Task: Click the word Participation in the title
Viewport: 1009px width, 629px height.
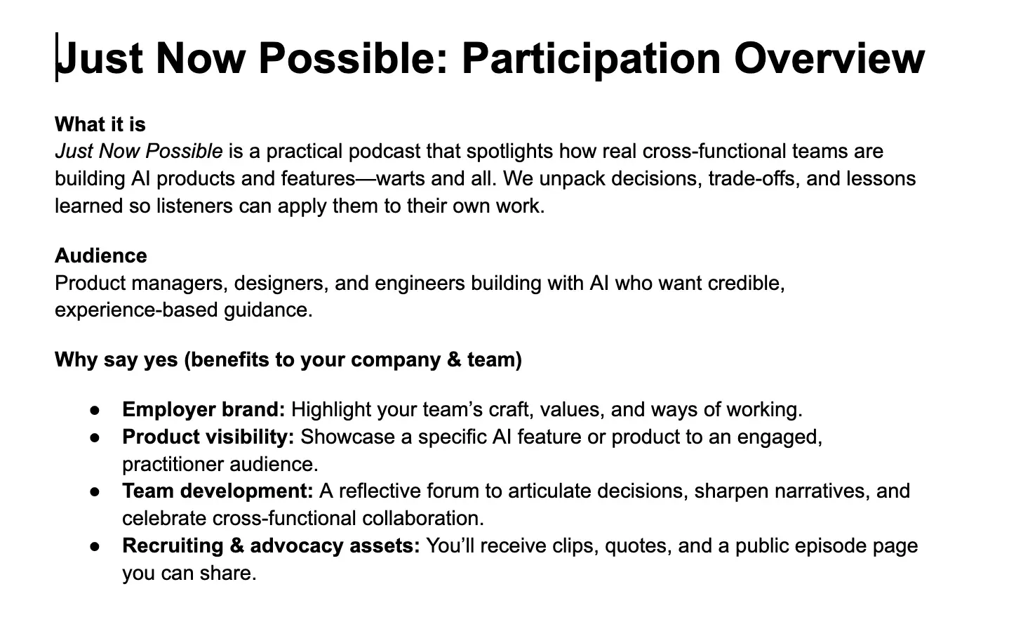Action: pos(592,58)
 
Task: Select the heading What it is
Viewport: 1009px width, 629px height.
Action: pos(100,124)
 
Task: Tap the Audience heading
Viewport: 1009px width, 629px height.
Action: pos(101,256)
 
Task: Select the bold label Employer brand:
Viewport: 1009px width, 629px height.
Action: pos(203,409)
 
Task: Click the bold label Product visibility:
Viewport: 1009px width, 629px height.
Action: pos(208,437)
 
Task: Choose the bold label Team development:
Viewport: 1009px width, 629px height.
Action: pos(218,491)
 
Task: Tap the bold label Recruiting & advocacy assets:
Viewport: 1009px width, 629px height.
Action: pos(271,545)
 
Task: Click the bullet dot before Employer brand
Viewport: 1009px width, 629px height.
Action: pos(95,409)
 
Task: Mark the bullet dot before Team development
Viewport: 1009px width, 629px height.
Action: pos(95,491)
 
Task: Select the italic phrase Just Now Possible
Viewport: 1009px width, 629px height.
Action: pos(138,152)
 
